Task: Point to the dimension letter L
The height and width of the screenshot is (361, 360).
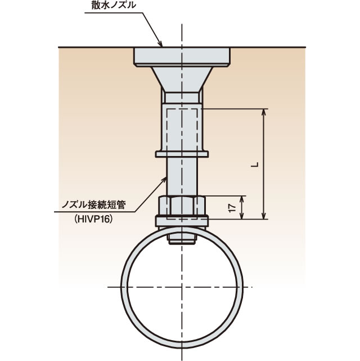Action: tap(255, 163)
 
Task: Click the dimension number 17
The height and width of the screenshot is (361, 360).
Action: tap(232, 207)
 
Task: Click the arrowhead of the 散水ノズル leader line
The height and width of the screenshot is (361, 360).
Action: tap(161, 45)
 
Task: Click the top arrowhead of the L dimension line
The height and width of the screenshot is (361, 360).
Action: tap(264, 111)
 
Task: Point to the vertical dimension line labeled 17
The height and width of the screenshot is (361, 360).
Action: tap(242, 207)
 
